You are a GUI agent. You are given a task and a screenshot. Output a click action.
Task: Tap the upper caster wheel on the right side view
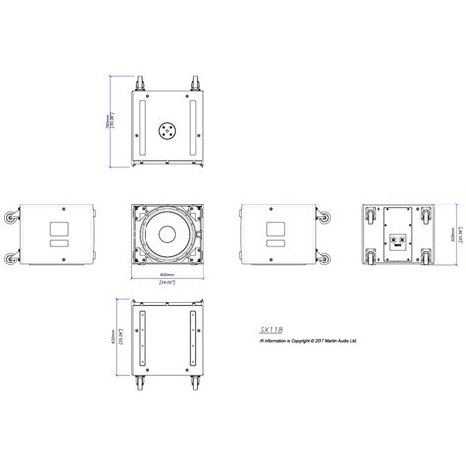[324, 213]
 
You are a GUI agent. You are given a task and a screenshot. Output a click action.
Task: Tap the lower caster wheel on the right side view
[324, 258]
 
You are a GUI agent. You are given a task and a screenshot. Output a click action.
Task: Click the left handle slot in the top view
[144, 126]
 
